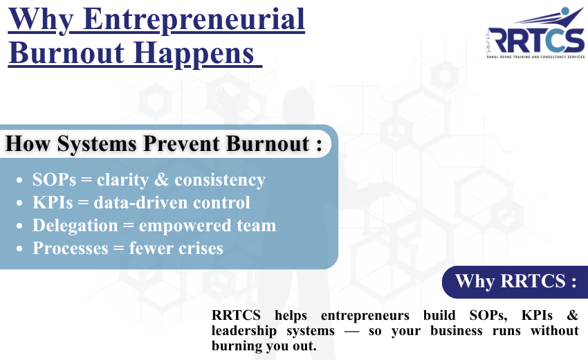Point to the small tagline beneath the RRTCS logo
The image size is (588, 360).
(536, 57)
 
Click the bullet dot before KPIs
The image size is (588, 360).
(21, 204)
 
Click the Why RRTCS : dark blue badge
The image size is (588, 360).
(515, 281)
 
